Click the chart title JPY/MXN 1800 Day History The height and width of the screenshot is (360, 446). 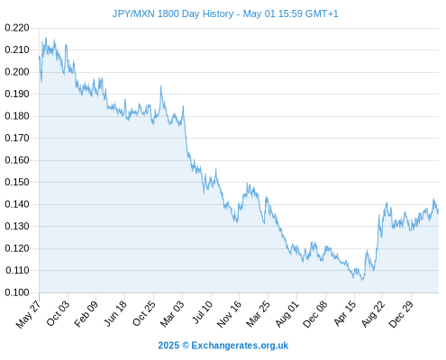tap(173, 13)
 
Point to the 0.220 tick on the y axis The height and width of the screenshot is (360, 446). tap(17, 28)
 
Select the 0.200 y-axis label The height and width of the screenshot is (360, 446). tap(17, 72)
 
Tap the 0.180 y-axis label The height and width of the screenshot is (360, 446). tap(17, 116)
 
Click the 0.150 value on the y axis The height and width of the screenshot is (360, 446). tap(17, 182)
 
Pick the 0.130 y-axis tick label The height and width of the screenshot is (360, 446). tap(17, 226)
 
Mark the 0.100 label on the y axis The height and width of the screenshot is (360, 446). tap(17, 292)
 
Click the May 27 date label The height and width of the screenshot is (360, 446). tap(28, 314)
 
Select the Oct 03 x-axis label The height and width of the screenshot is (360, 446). tap(58, 313)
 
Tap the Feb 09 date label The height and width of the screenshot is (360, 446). tap(86, 313)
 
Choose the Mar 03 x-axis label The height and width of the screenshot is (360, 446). tap(172, 313)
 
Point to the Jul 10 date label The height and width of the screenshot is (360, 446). tap(203, 312)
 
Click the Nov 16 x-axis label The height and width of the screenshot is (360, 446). tap(229, 314)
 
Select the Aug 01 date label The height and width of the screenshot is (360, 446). tap(287, 314)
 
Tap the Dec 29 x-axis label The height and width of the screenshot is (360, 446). tap(401, 314)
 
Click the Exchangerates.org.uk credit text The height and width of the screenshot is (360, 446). tap(240, 346)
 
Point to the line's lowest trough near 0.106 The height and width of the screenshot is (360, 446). tap(362, 280)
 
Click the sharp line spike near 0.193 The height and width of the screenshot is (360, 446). tap(160, 86)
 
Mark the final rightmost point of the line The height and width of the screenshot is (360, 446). tap(438, 211)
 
